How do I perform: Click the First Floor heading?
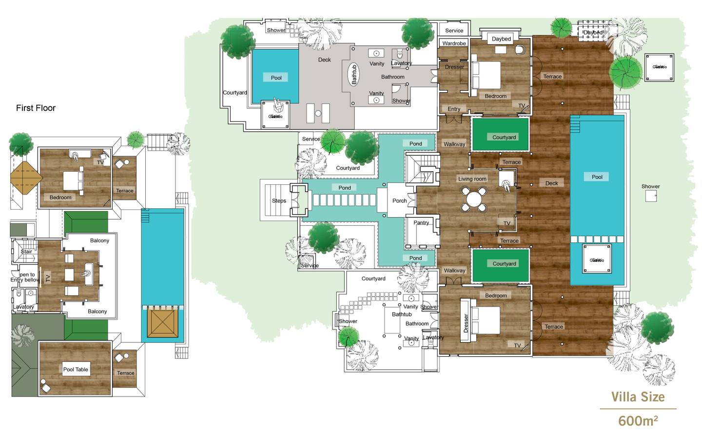[36, 108]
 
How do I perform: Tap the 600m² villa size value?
[638, 420]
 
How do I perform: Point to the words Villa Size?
[638, 397]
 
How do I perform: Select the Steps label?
[279, 201]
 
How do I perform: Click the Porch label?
[399, 201]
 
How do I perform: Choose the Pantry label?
[421, 223]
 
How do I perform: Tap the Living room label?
[472, 179]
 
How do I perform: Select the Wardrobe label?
[454, 43]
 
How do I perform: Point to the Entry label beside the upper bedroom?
[454, 109]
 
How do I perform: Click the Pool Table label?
[76, 370]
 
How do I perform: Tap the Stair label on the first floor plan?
[26, 252]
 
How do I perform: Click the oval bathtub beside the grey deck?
[354, 75]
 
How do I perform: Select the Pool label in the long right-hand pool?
[597, 177]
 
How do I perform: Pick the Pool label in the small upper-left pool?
[276, 78]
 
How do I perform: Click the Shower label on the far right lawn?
[650, 187]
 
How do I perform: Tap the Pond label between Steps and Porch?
[344, 188]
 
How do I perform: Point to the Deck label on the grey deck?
[324, 60]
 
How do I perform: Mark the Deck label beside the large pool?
[551, 183]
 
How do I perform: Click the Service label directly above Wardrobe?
[454, 31]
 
